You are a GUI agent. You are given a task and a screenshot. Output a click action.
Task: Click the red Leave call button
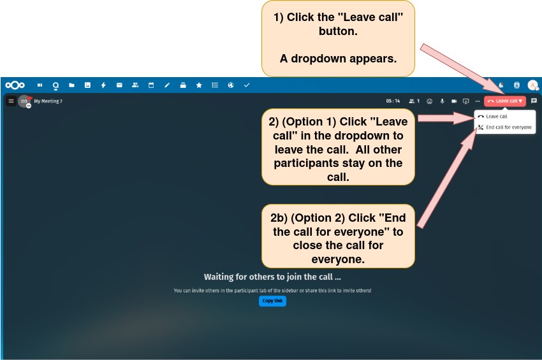pos(504,101)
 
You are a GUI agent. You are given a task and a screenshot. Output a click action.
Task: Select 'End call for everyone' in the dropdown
pos(505,127)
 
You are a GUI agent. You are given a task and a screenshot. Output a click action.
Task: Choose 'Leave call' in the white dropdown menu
pos(493,117)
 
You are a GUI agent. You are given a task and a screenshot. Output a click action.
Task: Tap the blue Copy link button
pos(272,301)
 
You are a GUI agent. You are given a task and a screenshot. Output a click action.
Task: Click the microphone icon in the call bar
pos(442,101)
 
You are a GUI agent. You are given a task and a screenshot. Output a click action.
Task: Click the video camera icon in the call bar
pos(454,101)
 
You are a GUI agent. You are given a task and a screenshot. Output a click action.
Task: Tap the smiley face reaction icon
pos(430,101)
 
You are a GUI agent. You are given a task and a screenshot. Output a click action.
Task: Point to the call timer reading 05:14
pos(393,101)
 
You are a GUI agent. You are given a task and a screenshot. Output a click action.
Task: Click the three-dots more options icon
pos(478,101)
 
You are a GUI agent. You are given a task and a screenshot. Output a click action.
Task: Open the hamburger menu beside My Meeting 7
pos(11,101)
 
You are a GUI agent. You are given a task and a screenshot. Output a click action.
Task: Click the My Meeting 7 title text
pos(48,101)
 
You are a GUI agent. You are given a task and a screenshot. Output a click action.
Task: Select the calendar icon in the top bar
pos(151,85)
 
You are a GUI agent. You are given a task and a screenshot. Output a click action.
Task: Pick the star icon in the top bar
pos(199,85)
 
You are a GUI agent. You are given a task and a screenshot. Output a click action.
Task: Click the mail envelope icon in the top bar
pos(119,85)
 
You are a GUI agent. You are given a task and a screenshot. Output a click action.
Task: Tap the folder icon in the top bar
pos(71,85)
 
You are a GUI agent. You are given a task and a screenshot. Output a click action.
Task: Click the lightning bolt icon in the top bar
pos(103,85)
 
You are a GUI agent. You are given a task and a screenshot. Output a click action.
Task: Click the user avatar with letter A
pos(532,85)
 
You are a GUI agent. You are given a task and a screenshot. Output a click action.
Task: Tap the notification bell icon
pos(501,85)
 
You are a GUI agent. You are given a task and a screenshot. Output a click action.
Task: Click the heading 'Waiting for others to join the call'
pos(272,277)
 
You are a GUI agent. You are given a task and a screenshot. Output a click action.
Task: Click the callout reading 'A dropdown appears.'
pos(338,59)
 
